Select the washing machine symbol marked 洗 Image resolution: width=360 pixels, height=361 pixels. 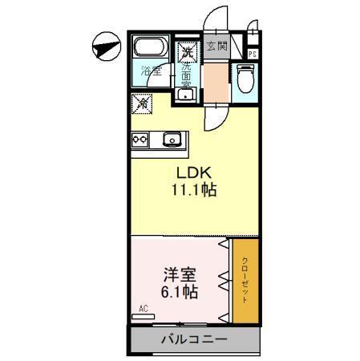pyautogui.click(x=187, y=52)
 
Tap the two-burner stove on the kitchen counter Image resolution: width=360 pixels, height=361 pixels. pyautogui.click(x=140, y=139)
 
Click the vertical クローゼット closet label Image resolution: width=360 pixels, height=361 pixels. pyautogui.click(x=245, y=281)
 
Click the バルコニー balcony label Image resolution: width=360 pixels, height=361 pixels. pyautogui.click(x=191, y=340)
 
